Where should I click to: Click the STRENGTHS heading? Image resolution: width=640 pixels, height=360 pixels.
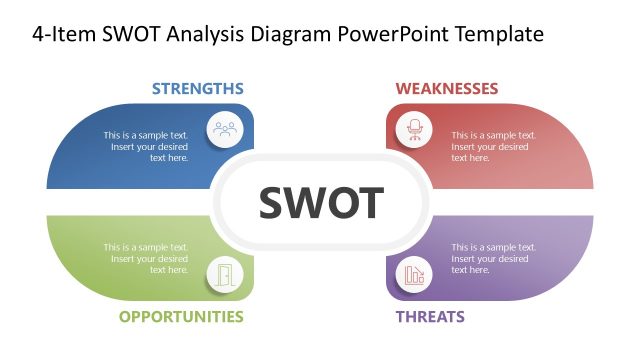197,89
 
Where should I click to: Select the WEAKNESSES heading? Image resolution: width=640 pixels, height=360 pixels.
446,89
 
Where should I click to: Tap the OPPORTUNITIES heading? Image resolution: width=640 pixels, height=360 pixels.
181,317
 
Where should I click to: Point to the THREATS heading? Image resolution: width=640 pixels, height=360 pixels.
430,317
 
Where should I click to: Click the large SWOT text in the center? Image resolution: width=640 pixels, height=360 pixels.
321,203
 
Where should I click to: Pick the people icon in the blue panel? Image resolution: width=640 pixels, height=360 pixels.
225,129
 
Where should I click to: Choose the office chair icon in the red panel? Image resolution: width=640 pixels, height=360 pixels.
413,129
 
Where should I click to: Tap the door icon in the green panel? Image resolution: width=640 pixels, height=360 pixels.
225,273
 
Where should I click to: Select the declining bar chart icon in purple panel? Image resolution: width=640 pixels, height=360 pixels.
413,273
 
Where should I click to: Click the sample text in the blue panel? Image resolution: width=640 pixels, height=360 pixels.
146,146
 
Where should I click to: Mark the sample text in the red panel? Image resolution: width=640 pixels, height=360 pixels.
493,146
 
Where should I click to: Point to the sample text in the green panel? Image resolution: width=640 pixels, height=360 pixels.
146,258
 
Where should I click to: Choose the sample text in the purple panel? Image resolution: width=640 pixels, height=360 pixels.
493,258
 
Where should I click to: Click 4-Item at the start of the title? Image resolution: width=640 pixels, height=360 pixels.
59,34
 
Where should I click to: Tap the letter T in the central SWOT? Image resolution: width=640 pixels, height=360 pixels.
370,203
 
